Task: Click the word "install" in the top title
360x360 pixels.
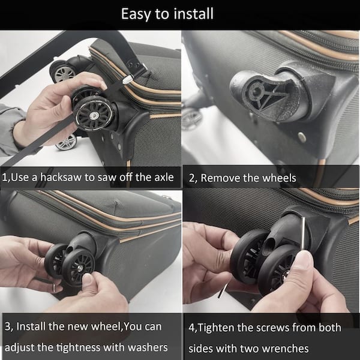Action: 194,14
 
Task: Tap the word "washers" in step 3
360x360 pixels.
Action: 148,347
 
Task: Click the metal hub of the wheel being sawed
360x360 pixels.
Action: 94,115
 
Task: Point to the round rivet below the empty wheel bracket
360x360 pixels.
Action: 302,137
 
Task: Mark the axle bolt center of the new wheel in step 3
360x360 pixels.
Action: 80,268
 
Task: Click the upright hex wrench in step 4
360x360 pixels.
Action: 303,233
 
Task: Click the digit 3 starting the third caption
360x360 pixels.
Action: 8,326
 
